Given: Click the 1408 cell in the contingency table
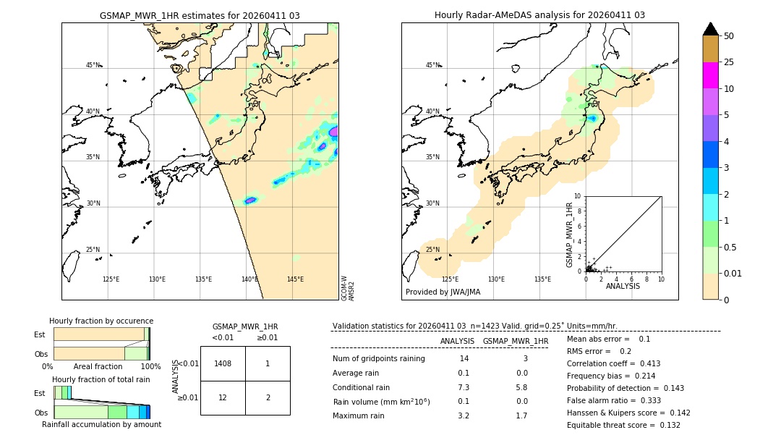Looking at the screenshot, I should point(223,363).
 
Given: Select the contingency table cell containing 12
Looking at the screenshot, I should point(223,398).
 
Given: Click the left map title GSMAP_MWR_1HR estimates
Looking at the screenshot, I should point(200,15).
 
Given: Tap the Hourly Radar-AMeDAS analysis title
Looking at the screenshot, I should point(539,15).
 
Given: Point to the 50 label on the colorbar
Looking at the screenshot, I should point(729,36).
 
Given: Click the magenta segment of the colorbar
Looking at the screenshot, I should point(710,75).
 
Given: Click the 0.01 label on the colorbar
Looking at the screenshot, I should point(733,273).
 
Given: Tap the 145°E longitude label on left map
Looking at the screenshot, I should point(295,279).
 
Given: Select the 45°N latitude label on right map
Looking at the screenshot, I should point(433,65).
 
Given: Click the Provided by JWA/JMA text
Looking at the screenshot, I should point(443,292).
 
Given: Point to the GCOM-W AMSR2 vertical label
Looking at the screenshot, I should point(348,287).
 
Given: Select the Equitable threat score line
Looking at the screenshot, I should point(623,425).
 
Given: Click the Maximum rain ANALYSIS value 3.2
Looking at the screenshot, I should point(464,415).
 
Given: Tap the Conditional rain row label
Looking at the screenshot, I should point(362,387).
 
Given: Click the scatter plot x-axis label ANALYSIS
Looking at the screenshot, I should point(623,286).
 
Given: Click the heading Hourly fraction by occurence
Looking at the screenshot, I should point(101,321).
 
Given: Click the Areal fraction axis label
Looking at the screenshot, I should point(98,367).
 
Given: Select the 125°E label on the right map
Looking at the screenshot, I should point(450,279).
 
